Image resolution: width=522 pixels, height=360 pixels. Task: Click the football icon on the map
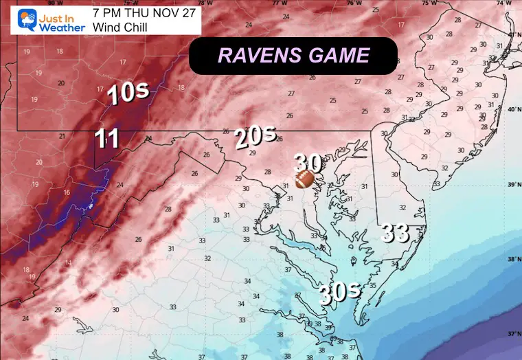pyautogui.click(x=304, y=180)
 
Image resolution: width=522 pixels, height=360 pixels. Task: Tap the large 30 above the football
pyautogui.click(x=308, y=164)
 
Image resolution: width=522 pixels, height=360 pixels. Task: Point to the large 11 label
pyautogui.click(x=107, y=139)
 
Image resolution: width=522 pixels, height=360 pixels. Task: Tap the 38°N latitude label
pyautogui.click(x=512, y=259)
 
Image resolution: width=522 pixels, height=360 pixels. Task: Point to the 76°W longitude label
pyautogui.click(x=354, y=3)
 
